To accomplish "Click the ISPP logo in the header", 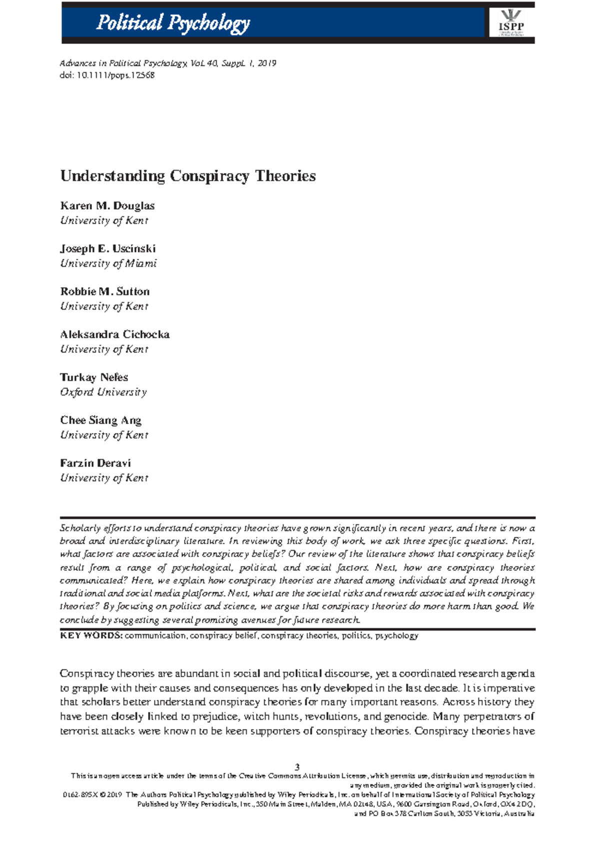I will (x=510, y=23).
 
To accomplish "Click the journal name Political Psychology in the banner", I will (x=173, y=23).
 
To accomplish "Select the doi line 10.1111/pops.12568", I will (x=107, y=75).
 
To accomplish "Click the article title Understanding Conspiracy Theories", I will (x=187, y=176).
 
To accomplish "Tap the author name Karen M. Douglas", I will (x=107, y=206).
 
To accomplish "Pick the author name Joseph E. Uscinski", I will (x=107, y=249).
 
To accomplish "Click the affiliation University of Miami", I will (x=108, y=263).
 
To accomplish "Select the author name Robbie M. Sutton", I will (x=104, y=291).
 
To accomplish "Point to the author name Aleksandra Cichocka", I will (x=114, y=334).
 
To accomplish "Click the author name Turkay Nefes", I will (x=94, y=377).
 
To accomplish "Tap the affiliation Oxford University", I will (x=103, y=392).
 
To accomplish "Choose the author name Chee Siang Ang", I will (x=100, y=420).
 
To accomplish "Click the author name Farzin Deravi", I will (x=95, y=463).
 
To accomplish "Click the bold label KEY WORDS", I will (x=90, y=635).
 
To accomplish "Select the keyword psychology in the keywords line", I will (x=396, y=635).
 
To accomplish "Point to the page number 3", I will (x=297, y=767).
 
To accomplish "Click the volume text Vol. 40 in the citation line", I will (x=204, y=64).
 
